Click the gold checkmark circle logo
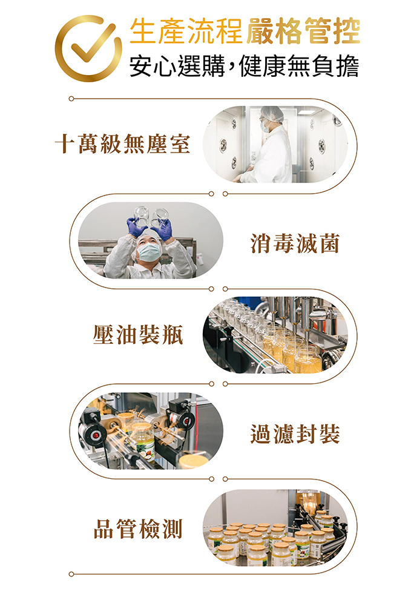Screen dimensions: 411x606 tap(88, 48)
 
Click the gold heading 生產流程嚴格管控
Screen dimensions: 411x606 tap(245, 31)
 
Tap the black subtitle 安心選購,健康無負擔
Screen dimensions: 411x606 tap(244, 67)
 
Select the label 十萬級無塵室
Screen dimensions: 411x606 tap(122, 144)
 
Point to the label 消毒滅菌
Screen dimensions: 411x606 tap(295, 243)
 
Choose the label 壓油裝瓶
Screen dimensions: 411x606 tap(138, 334)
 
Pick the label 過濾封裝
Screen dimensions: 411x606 tap(295, 433)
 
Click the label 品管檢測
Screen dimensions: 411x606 tap(138, 529)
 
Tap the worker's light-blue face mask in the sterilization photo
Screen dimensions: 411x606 tap(149, 252)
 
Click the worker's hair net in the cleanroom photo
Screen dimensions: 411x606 tap(272, 113)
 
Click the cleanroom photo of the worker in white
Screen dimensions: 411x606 tap(275, 144)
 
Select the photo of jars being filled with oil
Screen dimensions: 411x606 tap(275, 335)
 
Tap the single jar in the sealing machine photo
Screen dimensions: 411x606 tap(143, 441)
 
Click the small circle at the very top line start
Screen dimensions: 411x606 tap(71, 99)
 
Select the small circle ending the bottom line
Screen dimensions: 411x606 tap(71, 575)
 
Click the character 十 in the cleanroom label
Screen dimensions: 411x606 tap(65, 144)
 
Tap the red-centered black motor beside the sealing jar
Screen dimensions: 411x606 tap(93, 432)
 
